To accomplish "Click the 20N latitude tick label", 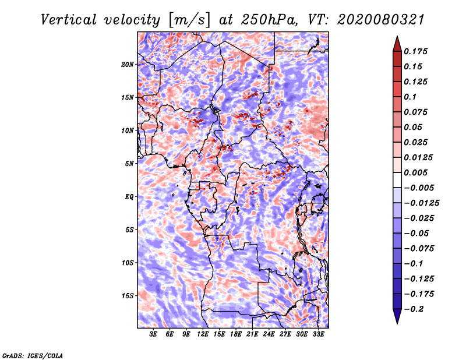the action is [128, 65].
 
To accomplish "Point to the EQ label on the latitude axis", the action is [129, 197].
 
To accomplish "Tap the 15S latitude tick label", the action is [128, 296].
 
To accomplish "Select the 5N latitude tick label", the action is [129, 164].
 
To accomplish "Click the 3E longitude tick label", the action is [153, 334].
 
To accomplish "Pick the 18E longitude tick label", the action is [236, 334].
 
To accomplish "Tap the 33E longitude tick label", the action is [318, 334].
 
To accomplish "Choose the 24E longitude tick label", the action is [269, 334].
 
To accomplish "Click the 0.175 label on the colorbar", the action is [415, 51].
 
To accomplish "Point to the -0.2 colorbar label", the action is [414, 309].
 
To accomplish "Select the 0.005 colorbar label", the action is [415, 172].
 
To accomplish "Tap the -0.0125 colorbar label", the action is [421, 203].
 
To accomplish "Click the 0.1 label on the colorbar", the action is [410, 97].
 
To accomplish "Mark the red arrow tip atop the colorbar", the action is [397, 36].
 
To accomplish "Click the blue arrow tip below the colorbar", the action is [397, 323].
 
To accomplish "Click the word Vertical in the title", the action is [69, 20].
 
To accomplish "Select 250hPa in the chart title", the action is [269, 20].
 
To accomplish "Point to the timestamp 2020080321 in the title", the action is [381, 20].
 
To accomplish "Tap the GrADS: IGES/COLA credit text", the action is [33, 356].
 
